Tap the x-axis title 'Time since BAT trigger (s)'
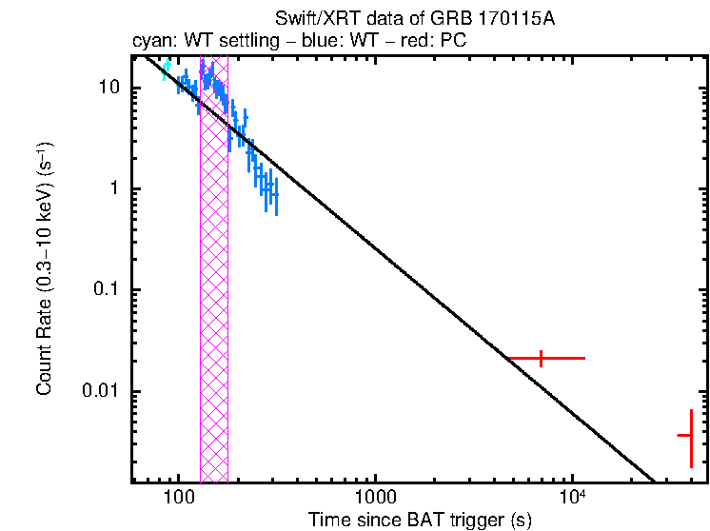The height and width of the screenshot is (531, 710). tap(420, 520)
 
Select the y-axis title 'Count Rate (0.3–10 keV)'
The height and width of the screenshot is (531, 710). tap(45, 270)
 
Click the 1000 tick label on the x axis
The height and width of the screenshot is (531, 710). tap(375, 498)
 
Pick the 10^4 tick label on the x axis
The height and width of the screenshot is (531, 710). tap(571, 497)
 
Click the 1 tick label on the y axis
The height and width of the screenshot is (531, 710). tap(117, 188)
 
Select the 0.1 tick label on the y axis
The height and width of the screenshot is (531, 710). tap(108, 290)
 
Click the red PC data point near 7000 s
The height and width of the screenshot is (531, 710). tap(542, 359)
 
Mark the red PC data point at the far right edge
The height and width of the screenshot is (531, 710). tap(691, 435)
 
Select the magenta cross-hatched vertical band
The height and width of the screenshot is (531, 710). tap(213, 285)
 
